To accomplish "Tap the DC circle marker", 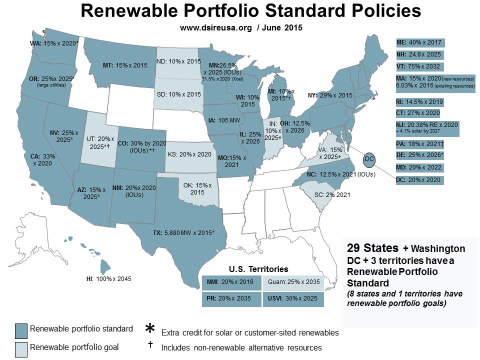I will click(369, 158).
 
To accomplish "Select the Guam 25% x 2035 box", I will click(293, 282).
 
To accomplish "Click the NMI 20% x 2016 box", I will click(231, 282).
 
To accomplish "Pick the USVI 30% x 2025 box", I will click(293, 299).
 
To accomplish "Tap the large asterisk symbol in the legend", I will click(149, 329).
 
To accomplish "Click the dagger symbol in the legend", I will click(149, 345).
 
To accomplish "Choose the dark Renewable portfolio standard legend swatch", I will click(21, 330).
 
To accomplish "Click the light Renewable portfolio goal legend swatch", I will click(21, 348).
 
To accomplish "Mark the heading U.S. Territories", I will click(258, 268).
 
